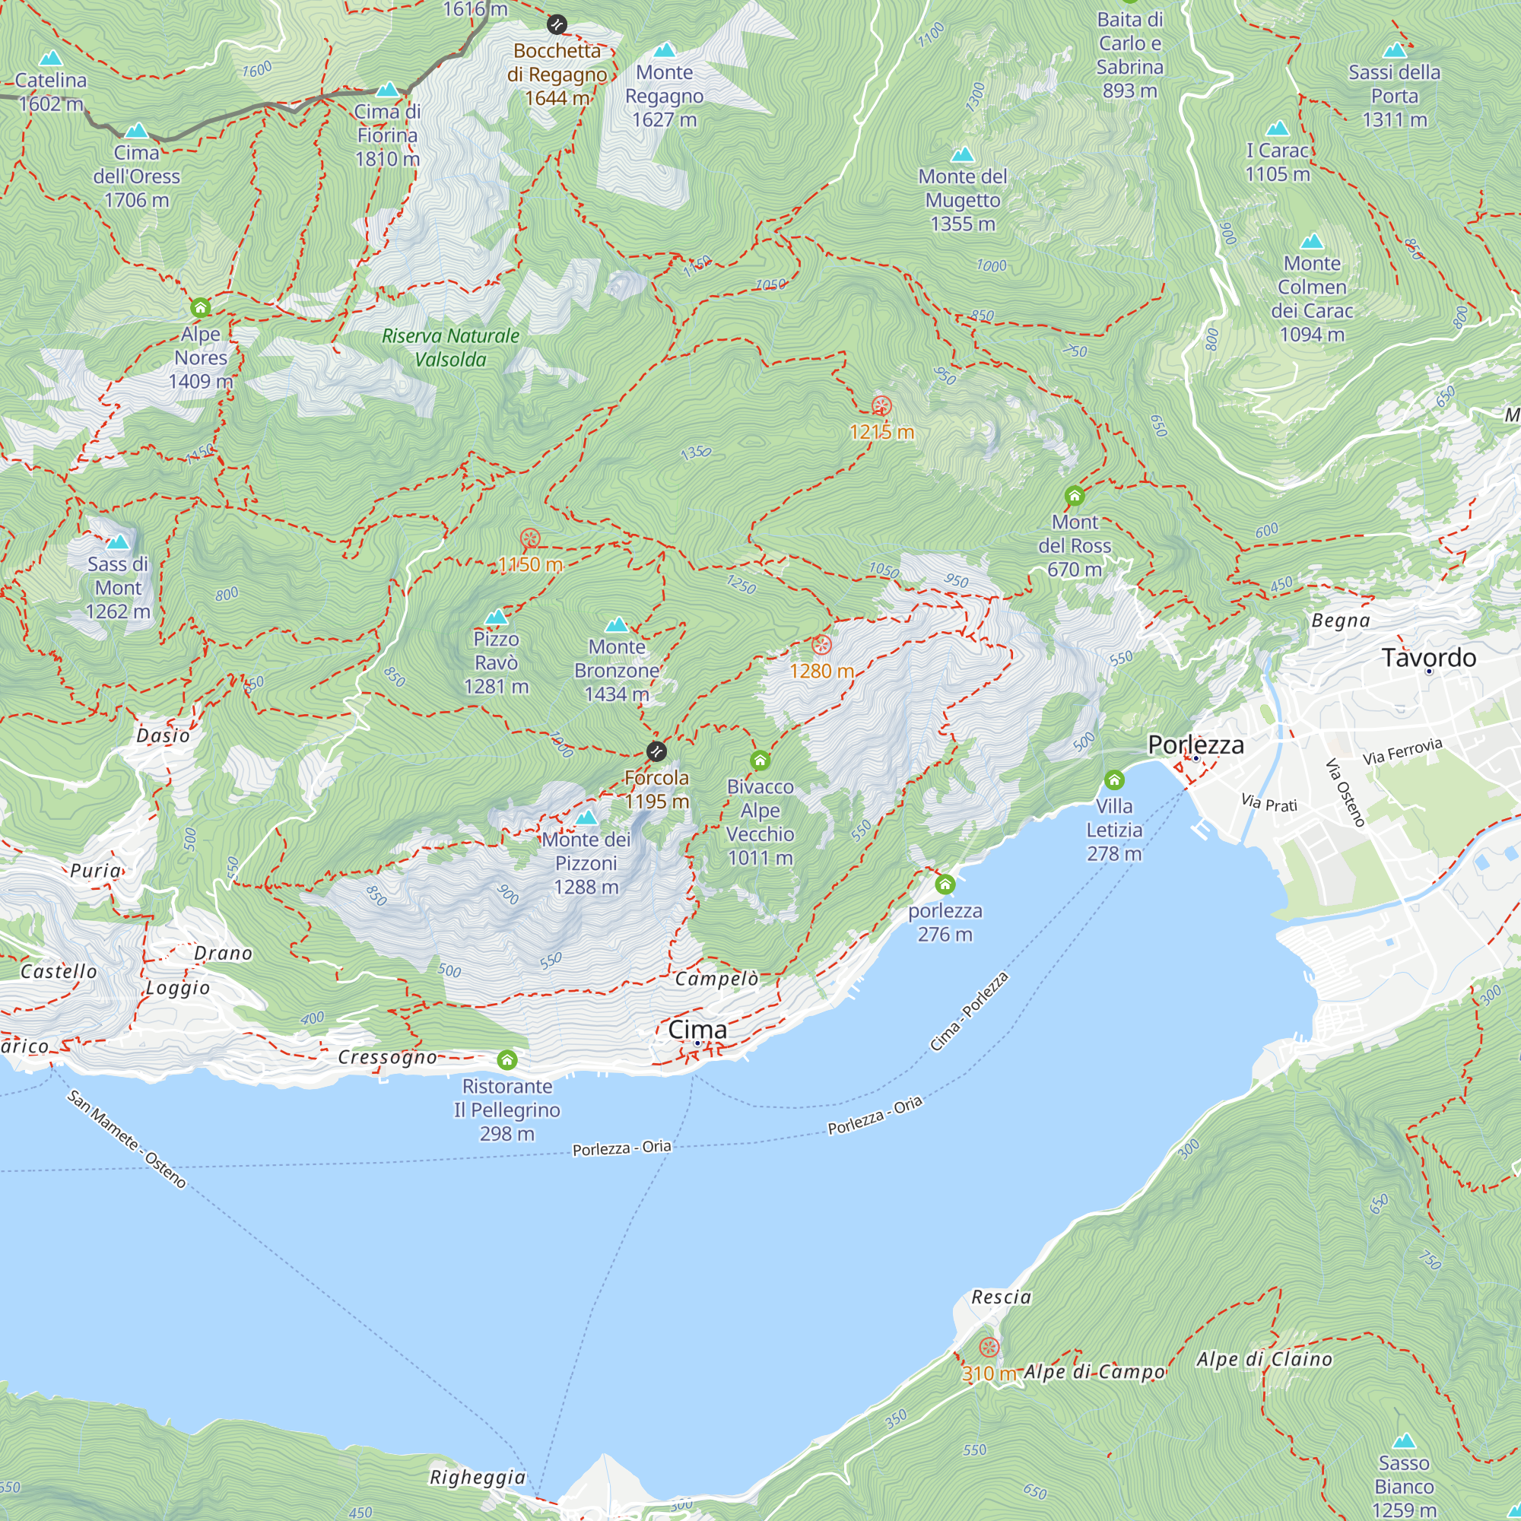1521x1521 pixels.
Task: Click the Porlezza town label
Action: [x=1195, y=744]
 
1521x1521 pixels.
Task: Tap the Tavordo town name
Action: [x=1428, y=657]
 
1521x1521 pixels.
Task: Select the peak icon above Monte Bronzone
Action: [x=617, y=625]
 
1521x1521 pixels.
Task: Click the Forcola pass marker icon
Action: [x=656, y=751]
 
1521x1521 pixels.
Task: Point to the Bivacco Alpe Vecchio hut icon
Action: [x=760, y=760]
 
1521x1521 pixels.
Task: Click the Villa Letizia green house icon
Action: [x=1114, y=780]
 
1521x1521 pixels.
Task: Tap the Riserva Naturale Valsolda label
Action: [x=450, y=348]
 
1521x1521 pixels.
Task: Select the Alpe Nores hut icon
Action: [x=201, y=307]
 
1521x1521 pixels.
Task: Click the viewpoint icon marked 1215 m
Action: [x=881, y=406]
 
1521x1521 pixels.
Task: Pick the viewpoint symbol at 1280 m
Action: [x=821, y=646]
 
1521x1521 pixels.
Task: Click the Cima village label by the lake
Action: [x=697, y=1029]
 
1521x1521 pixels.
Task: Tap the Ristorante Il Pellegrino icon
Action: [x=507, y=1060]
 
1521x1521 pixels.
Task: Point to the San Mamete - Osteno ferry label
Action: [x=126, y=1138]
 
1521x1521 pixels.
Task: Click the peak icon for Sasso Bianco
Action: [x=1404, y=1441]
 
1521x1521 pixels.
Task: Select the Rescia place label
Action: [x=1001, y=1297]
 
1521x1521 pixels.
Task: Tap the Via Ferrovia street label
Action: [x=1402, y=751]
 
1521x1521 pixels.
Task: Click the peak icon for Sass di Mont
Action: [x=118, y=541]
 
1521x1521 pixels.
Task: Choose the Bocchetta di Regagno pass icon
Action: [x=557, y=24]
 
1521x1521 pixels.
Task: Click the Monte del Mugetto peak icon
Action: [x=962, y=154]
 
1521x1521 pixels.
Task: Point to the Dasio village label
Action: [x=163, y=735]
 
